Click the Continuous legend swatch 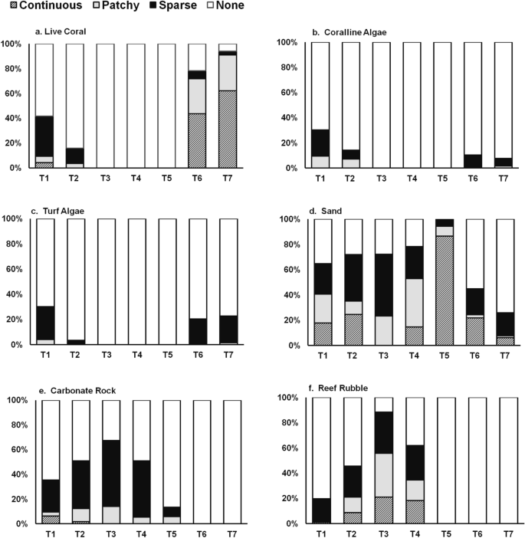[8, 7]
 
